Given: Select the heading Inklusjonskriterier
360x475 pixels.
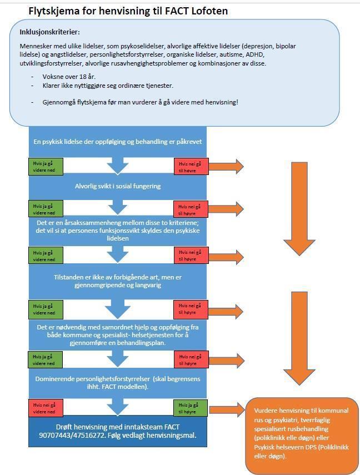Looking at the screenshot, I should (x=49, y=33).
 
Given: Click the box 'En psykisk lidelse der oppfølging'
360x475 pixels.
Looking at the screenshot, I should (x=117, y=142).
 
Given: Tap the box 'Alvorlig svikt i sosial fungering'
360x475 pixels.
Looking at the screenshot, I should (x=117, y=186).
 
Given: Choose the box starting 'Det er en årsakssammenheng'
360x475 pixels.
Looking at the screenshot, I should (x=117, y=230).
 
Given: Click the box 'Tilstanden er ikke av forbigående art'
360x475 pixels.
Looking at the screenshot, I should (x=117, y=282).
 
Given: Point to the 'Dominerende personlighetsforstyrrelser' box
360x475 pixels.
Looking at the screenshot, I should (x=117, y=382).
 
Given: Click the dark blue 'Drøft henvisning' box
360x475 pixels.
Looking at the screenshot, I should (x=117, y=430).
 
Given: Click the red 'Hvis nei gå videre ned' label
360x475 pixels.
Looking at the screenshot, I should (x=46, y=408).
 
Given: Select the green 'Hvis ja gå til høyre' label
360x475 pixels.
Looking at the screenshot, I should (x=190, y=408).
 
